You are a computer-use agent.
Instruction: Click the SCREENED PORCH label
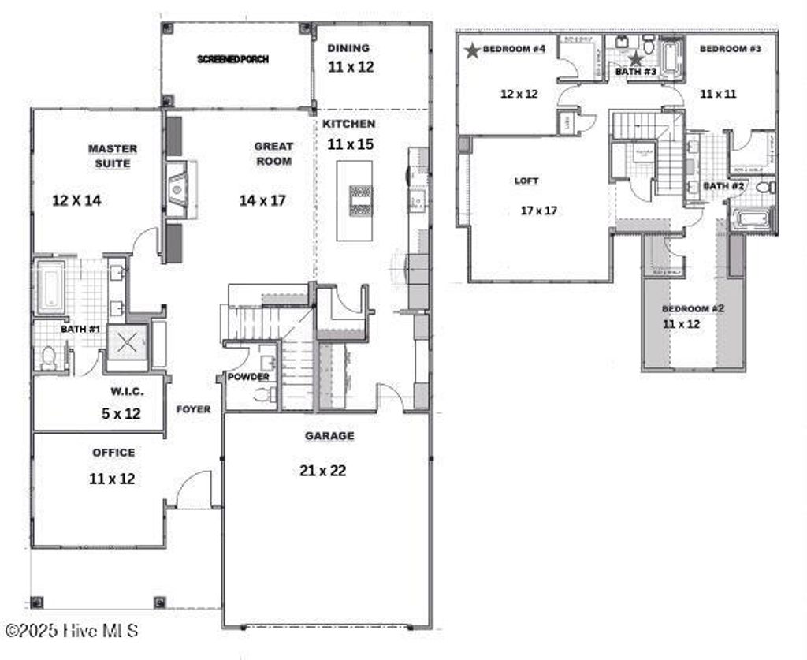pyautogui.click(x=232, y=59)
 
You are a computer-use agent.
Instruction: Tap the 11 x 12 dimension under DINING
pyautogui.click(x=351, y=67)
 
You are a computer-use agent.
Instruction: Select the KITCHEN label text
pyautogui.click(x=349, y=124)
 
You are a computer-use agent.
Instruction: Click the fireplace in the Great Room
pyautogui.click(x=178, y=188)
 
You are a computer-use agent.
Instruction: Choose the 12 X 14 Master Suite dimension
pyautogui.click(x=76, y=200)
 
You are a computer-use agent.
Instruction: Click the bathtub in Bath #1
pyautogui.click(x=50, y=285)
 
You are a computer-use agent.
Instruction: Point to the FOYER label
pyautogui.click(x=193, y=409)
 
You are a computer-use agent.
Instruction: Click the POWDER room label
pyautogui.click(x=248, y=377)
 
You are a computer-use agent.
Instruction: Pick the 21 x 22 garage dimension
pyautogui.click(x=323, y=471)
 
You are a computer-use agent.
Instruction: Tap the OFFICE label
pyautogui.click(x=113, y=453)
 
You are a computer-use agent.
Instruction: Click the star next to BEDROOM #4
pyautogui.click(x=472, y=50)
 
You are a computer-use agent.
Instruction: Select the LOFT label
pyautogui.click(x=526, y=181)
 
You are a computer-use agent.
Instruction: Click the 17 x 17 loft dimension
pyautogui.click(x=540, y=211)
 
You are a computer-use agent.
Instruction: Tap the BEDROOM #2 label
pyautogui.click(x=693, y=308)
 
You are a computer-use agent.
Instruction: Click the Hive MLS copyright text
pyautogui.click(x=73, y=631)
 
